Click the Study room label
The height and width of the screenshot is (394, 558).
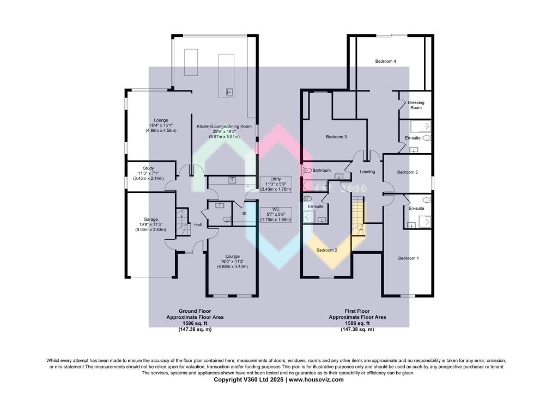click(149, 168)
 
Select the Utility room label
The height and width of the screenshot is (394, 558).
click(276, 179)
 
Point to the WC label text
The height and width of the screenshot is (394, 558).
click(276, 209)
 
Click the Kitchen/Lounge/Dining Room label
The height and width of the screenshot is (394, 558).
click(224, 126)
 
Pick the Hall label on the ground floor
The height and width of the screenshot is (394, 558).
click(198, 225)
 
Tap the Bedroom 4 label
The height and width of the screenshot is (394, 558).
click(385, 62)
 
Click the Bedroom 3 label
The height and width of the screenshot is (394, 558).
click(336, 137)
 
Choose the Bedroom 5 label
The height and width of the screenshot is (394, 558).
click(407, 172)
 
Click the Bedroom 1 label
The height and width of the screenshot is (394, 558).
click(408, 258)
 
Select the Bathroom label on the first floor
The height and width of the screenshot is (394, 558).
click(322, 171)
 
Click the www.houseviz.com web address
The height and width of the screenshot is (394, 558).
click(316, 379)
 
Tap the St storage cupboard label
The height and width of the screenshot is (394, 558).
click(245, 214)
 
